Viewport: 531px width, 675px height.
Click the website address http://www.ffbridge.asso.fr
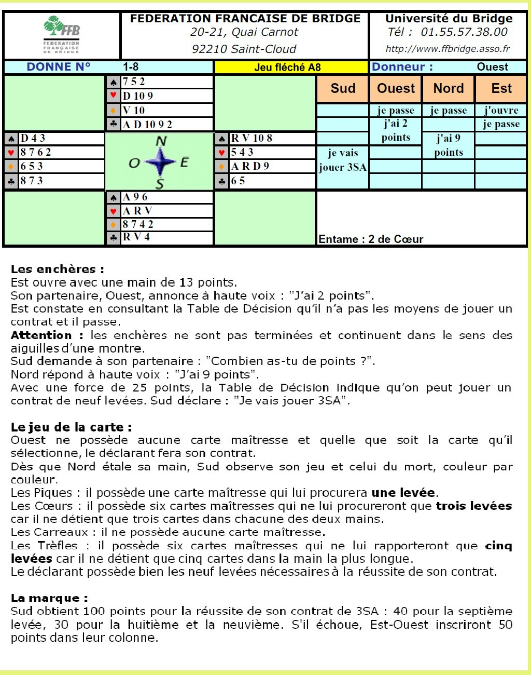448,49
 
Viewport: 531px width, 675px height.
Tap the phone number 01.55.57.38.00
464,32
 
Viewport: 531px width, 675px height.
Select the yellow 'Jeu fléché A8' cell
287,67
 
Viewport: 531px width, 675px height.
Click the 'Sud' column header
343,89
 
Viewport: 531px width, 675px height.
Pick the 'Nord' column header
449,89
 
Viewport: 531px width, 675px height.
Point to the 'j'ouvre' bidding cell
501,110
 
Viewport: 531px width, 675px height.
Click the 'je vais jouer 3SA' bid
343,160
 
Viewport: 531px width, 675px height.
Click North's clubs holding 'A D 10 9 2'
148,125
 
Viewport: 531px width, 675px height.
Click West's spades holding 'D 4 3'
33,138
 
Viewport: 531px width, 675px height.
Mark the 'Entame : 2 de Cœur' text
371,239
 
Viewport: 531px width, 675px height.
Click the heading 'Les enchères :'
57,269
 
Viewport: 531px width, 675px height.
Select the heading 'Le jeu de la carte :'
71,427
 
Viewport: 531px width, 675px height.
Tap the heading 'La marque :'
49,598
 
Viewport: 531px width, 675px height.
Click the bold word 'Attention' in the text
41,335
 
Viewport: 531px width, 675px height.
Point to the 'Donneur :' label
402,67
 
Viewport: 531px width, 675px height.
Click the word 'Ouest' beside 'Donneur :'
492,67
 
